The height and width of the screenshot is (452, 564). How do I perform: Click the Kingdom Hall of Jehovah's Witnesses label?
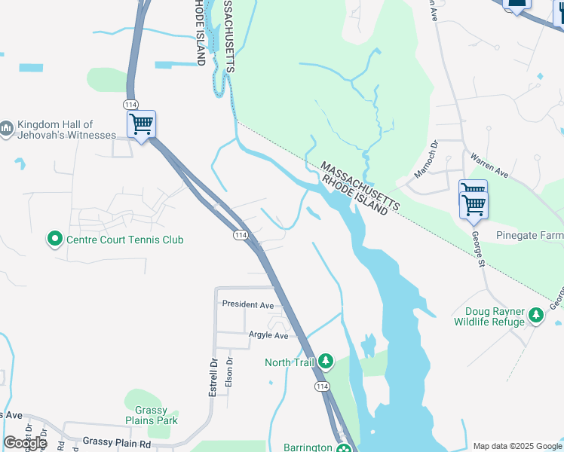[66, 130]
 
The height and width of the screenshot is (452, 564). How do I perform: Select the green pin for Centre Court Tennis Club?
[55, 240]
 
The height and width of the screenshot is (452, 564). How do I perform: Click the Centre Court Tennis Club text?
[125, 240]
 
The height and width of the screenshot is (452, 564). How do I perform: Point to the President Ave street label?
[247, 305]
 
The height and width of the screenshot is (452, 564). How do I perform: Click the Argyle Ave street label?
[268, 335]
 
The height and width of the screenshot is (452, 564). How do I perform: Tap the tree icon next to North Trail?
[326, 362]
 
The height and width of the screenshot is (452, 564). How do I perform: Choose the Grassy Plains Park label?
[152, 415]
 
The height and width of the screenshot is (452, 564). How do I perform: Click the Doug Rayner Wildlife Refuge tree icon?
[536, 315]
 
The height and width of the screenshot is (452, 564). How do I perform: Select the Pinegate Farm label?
[529, 236]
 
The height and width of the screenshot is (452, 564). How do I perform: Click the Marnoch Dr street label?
[424, 162]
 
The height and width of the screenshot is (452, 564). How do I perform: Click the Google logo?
[26, 443]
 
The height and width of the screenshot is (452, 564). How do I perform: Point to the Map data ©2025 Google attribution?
[518, 446]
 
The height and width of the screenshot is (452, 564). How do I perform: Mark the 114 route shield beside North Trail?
[321, 386]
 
